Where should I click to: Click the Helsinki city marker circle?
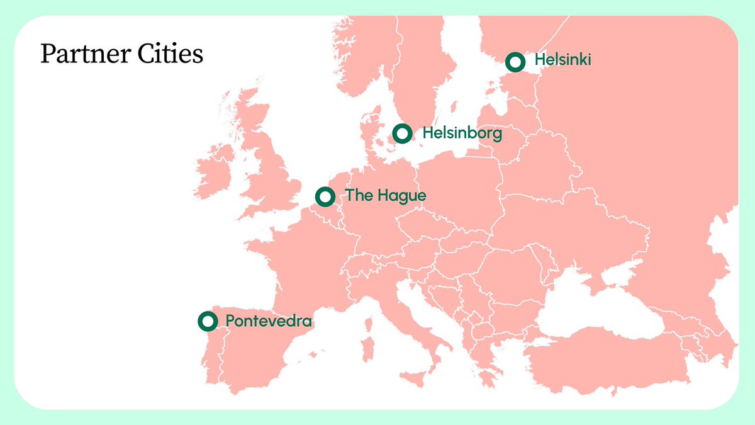pyautogui.click(x=515, y=62)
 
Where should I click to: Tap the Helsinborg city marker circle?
pyautogui.click(x=402, y=133)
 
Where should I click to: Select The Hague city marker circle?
pyautogui.click(x=325, y=196)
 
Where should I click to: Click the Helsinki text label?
pyautogui.click(x=563, y=61)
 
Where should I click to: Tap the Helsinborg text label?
pyautogui.click(x=462, y=133)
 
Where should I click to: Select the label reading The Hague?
pyautogui.click(x=386, y=196)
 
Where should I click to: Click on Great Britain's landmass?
pyautogui.click(x=271, y=170)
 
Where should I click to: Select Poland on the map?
pyautogui.click(x=459, y=189)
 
